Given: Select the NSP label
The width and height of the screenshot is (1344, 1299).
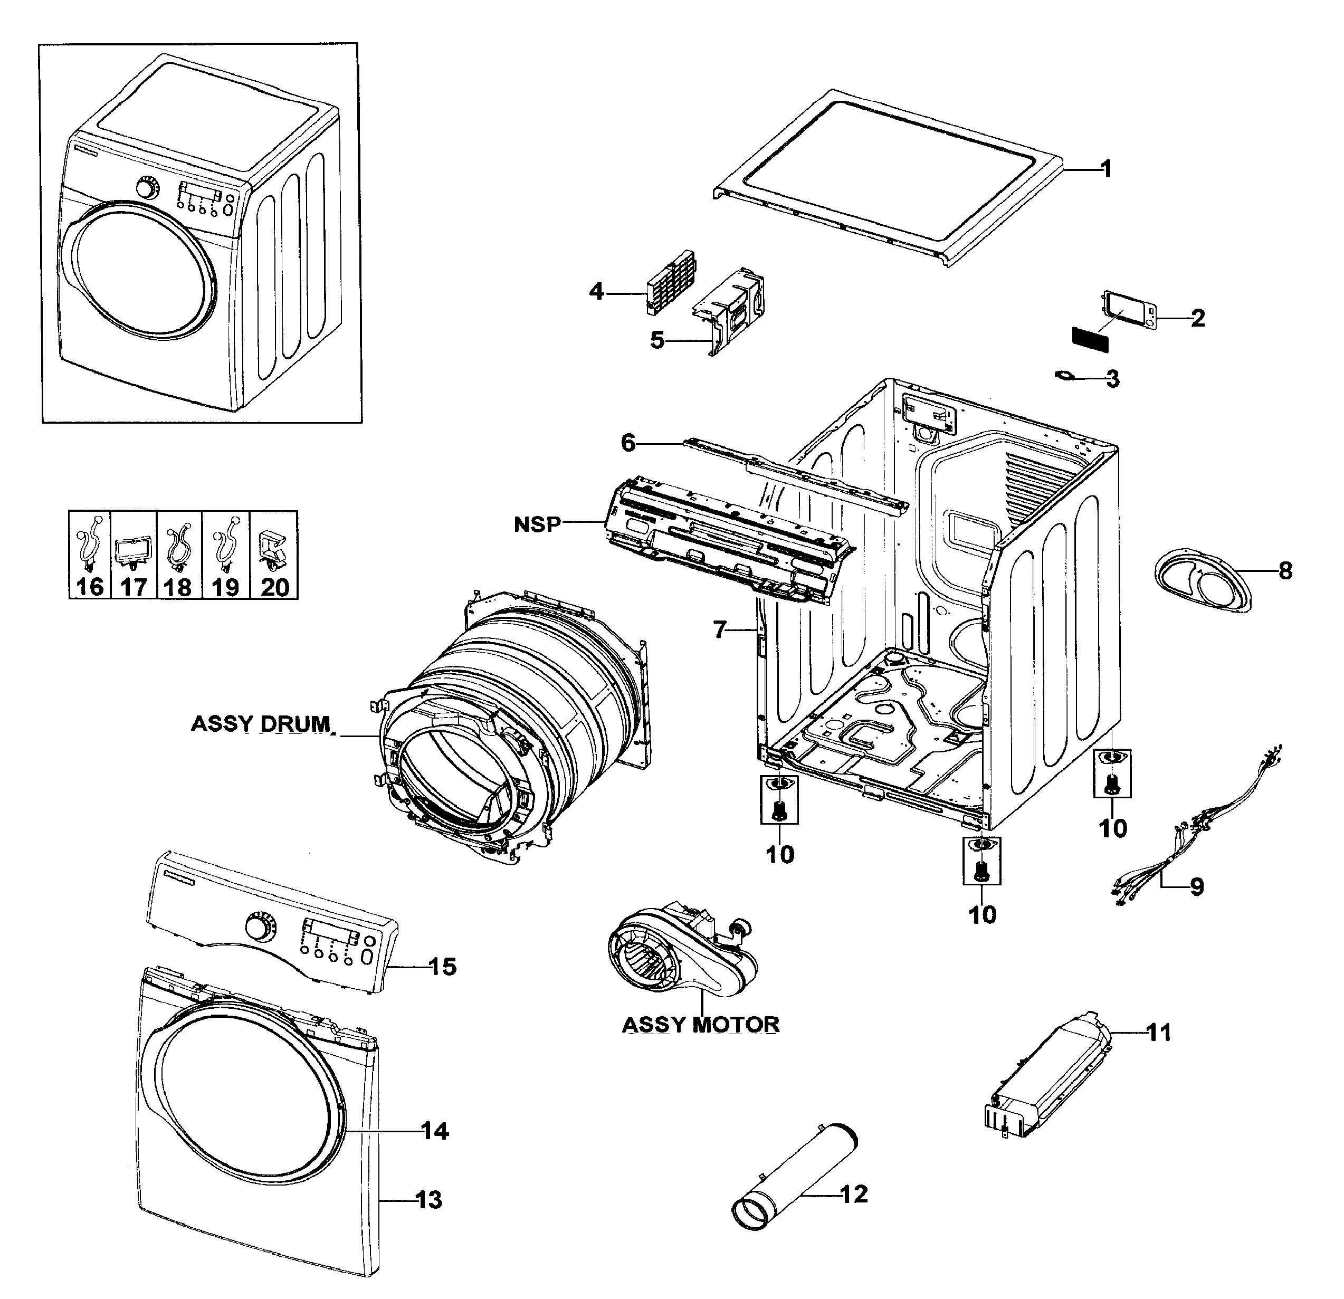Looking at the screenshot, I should pos(537,524).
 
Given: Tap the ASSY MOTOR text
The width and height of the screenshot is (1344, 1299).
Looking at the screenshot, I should pos(700,1025).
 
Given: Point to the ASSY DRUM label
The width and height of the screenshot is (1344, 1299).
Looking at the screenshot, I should pos(261,724).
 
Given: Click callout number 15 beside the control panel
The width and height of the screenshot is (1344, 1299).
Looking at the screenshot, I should pos(442,967).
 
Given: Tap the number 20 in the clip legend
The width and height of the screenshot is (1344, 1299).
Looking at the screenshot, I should pos(274,587).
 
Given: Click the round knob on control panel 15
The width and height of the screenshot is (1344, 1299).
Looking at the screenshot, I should pos(259,928).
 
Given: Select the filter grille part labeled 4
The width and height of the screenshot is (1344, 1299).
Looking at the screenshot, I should pos(671,283).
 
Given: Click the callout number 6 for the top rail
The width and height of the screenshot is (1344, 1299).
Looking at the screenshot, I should pos(628,443).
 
